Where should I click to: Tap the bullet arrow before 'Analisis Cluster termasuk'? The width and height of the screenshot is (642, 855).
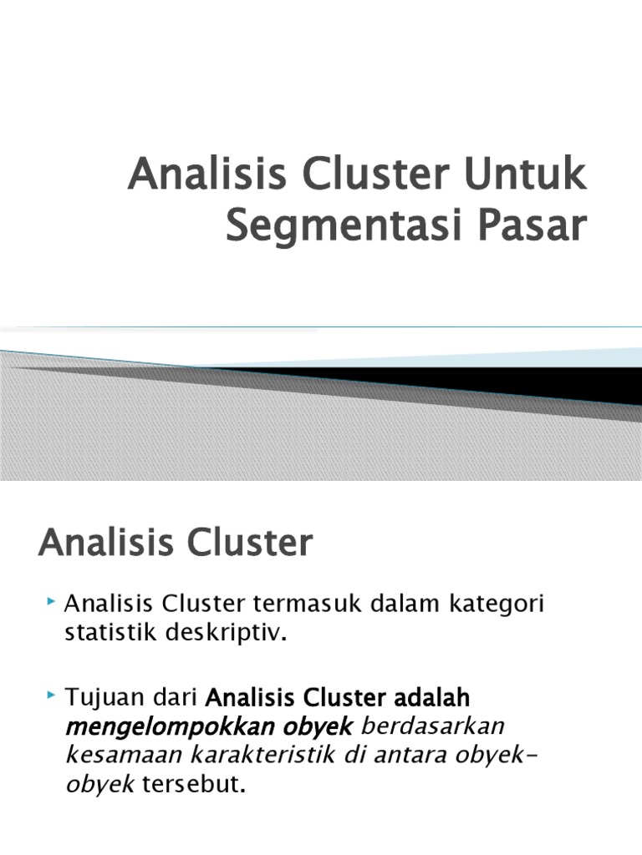(52, 601)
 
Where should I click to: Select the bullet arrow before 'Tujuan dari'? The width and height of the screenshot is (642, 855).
(52, 695)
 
